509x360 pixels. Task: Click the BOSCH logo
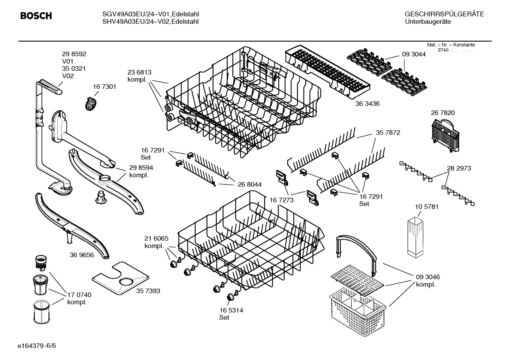pyautogui.click(x=36, y=16)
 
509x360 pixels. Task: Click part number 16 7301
pyautogui.click(x=104, y=87)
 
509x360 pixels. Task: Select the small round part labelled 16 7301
pyautogui.click(x=91, y=104)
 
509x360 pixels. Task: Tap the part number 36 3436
pyautogui.click(x=367, y=104)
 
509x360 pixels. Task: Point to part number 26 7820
pyautogui.click(x=443, y=113)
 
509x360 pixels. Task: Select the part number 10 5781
pyautogui.click(x=426, y=207)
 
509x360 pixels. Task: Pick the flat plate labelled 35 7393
pyautogui.click(x=120, y=279)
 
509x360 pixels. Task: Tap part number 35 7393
pyautogui.click(x=148, y=291)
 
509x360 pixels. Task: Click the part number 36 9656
pyautogui.click(x=82, y=255)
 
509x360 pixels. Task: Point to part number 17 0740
pyautogui.click(x=79, y=295)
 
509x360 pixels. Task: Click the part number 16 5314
pyautogui.click(x=231, y=310)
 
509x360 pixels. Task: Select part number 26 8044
pyautogui.click(x=250, y=184)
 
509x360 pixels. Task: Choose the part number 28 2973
pyautogui.click(x=459, y=169)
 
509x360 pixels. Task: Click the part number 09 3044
pyautogui.click(x=414, y=54)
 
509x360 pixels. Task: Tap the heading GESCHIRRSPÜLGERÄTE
pyautogui.click(x=444, y=14)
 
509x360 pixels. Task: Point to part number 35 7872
pyautogui.click(x=388, y=133)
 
